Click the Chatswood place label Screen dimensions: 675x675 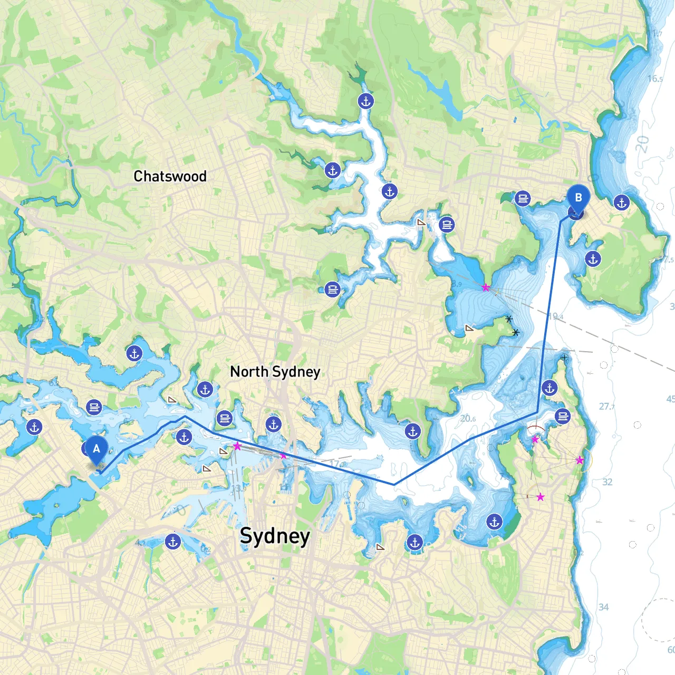pos(170,176)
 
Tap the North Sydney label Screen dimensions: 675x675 pos(275,372)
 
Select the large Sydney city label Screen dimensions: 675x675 pos(275,536)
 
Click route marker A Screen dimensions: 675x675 pos(97,450)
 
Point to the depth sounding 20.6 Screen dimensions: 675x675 pos(468,419)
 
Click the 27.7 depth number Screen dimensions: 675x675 pos(606,407)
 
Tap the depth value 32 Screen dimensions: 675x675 pos(607,482)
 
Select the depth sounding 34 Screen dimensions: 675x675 pos(603,607)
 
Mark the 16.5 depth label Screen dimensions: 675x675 pos(655,79)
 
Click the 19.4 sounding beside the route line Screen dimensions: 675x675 pos(556,317)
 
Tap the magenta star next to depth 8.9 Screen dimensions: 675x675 pos(486,287)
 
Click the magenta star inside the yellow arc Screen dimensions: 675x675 pos(580,460)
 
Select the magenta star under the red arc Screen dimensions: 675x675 pos(535,439)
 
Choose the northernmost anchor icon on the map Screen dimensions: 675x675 pos(365,101)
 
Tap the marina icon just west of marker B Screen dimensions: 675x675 pos(523,199)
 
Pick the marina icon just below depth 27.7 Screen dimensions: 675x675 pos(563,416)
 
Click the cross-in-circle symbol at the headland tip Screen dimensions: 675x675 pos(564,357)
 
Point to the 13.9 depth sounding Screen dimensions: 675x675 pos(238,489)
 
